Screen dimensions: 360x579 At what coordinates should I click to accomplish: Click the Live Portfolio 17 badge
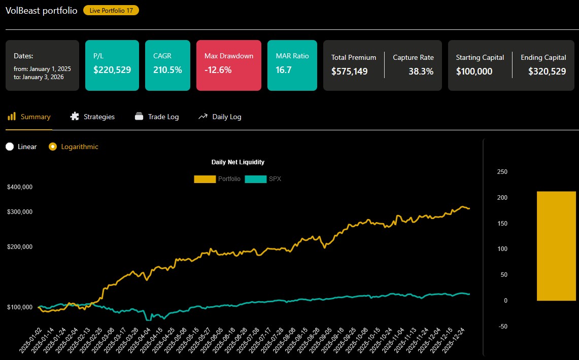111,10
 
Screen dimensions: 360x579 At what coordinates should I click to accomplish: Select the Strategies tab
92,117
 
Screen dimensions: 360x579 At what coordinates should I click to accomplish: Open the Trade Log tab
157,117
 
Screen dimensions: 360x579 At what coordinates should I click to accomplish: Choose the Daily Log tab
220,117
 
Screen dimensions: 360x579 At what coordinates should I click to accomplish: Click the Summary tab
29,117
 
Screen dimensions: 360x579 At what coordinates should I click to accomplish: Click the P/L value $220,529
112,70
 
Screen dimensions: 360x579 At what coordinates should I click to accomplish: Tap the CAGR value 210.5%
167,70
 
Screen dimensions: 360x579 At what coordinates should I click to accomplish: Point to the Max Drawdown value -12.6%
218,70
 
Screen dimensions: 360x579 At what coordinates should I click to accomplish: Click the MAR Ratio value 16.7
284,70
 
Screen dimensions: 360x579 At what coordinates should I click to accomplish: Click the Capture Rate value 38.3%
421,71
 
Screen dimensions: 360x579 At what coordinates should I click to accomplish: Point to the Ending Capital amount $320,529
547,71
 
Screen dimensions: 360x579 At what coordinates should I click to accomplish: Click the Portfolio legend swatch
205,179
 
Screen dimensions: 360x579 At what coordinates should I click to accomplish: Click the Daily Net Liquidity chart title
237,162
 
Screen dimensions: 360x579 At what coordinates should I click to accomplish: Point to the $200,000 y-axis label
20,247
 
